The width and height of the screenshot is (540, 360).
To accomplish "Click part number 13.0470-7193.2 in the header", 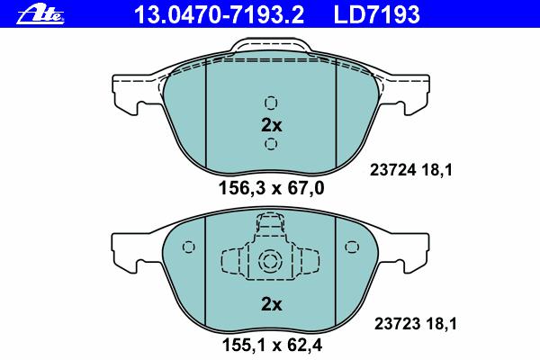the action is click(219, 14).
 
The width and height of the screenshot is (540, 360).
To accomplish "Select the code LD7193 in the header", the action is click(377, 14).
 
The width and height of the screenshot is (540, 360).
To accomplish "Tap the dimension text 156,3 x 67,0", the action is click(272, 188).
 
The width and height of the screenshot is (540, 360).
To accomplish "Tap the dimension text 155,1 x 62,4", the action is click(272, 345).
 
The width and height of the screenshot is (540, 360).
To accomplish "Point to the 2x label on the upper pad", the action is click(272, 125).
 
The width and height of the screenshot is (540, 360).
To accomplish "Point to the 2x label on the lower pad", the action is click(272, 304).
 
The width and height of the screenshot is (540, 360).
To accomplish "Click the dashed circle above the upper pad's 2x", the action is click(271, 103).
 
